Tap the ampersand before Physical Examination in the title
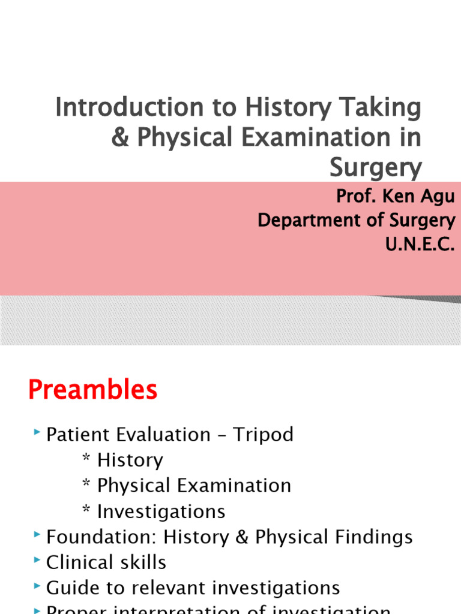click(121, 138)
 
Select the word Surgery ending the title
click(375, 168)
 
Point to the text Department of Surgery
click(356, 220)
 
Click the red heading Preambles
click(93, 391)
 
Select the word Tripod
click(264, 435)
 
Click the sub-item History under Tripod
click(130, 460)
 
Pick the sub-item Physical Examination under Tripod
click(194, 486)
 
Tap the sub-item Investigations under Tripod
click(161, 511)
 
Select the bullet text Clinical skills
click(106, 562)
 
